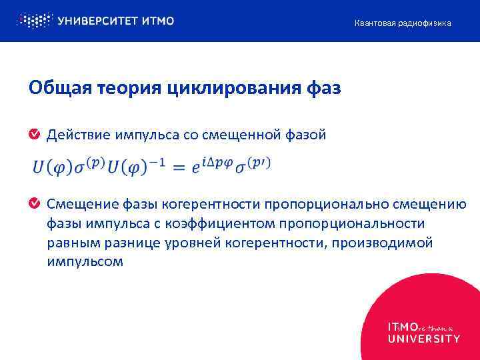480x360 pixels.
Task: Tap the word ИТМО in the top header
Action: click(158, 21)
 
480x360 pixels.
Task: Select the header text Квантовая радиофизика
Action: click(402, 23)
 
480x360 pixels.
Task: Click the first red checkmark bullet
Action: click(34, 135)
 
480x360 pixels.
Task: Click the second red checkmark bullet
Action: click(34, 203)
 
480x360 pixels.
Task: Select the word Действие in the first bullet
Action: click(75, 135)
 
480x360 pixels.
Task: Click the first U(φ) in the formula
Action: click(53, 167)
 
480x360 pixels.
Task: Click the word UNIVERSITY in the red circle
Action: click(423, 339)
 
